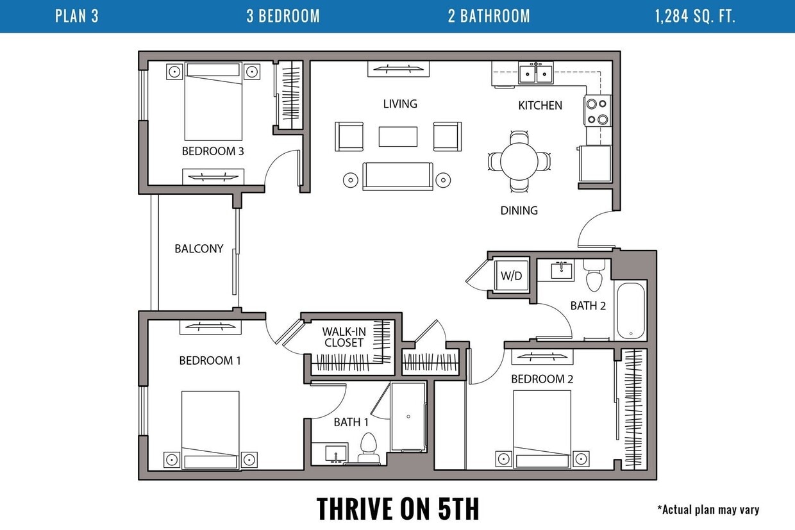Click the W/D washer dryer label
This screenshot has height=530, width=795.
(511, 276)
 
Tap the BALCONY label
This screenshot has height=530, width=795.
(199, 249)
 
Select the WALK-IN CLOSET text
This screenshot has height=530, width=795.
(344, 337)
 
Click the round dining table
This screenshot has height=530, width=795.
(519, 161)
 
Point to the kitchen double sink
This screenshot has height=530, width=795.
(535, 72)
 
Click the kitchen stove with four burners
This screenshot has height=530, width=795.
(598, 111)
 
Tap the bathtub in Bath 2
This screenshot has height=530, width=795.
(631, 311)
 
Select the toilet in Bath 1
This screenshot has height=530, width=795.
(368, 448)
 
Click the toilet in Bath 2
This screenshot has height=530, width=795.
(594, 276)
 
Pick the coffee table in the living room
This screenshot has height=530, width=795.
(398, 137)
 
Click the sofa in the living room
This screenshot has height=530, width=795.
(397, 176)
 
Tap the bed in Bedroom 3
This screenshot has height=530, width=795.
(213, 101)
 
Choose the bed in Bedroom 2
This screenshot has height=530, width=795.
(542, 429)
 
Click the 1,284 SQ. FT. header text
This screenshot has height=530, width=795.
(695, 16)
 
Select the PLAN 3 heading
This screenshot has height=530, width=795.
(77, 16)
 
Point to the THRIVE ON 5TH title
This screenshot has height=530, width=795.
(397, 508)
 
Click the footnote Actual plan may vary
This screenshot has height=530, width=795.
(708, 509)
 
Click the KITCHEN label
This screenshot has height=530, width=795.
(540, 105)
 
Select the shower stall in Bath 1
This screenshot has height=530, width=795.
(408, 417)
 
